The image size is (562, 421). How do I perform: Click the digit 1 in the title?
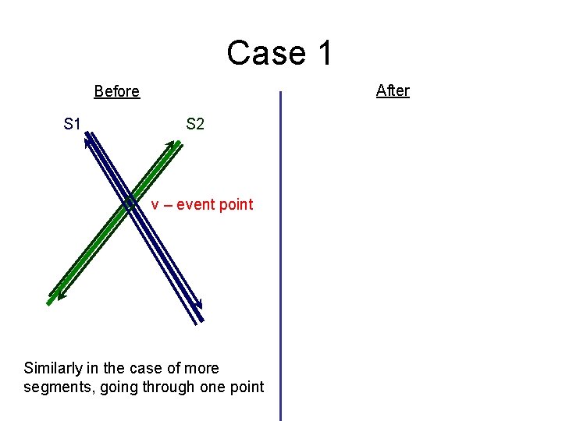(x=324, y=53)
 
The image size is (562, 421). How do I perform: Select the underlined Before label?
(x=116, y=91)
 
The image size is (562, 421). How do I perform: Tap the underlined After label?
(x=393, y=90)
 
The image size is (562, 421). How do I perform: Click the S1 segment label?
(x=73, y=123)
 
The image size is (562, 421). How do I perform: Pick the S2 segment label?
(x=195, y=123)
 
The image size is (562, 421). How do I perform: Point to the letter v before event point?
(x=155, y=205)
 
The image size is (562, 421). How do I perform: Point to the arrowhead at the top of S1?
(x=87, y=137)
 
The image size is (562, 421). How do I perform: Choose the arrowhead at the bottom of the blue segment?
(x=199, y=305)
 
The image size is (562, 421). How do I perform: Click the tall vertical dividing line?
(x=280, y=257)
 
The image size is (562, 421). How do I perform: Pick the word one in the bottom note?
(x=219, y=387)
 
